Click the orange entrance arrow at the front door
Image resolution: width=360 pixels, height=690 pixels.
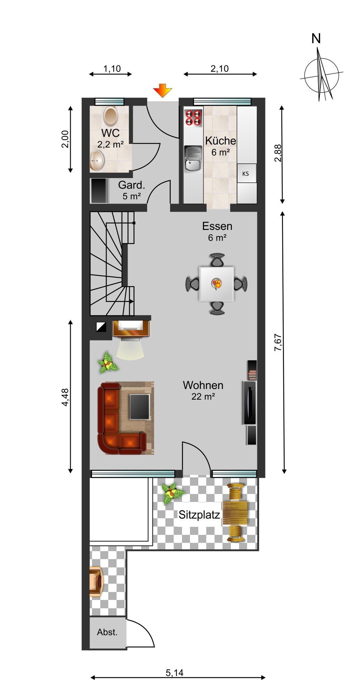(x=162, y=91)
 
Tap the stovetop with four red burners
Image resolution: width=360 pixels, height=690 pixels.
(x=194, y=118)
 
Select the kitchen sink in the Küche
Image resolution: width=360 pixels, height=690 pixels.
(x=193, y=159)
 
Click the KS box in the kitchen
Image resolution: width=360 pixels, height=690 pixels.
(x=246, y=173)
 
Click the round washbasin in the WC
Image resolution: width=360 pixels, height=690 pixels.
(x=97, y=160)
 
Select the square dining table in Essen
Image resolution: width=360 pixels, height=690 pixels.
(x=217, y=284)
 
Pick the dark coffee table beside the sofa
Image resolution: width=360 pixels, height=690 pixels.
(x=140, y=407)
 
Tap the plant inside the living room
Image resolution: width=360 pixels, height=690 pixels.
(x=108, y=362)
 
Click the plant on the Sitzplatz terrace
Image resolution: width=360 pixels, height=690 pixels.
(x=172, y=493)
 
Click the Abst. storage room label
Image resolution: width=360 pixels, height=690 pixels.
(x=107, y=632)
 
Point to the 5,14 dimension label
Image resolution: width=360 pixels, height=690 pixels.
(x=175, y=673)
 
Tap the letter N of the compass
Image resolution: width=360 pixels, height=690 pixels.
(x=316, y=39)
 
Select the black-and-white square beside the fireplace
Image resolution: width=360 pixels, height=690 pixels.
(x=101, y=327)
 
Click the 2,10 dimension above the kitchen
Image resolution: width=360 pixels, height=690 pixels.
(x=220, y=69)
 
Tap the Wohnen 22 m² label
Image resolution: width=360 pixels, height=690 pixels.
(x=203, y=390)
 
